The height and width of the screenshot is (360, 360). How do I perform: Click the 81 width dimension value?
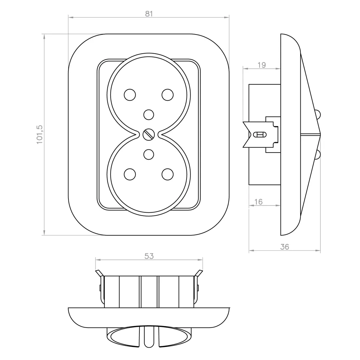tap(149, 14)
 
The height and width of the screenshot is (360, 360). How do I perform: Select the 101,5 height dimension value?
tap(40, 135)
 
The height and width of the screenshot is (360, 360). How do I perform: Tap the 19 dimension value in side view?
tap(261, 65)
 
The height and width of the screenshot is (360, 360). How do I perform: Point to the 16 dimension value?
tap(258, 202)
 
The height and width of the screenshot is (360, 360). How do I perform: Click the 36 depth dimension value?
tap(284, 247)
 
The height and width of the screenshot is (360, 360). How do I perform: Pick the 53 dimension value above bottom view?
tap(149, 256)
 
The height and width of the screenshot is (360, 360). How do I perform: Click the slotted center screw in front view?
tap(149, 135)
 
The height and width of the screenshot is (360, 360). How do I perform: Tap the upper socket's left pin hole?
tap(130, 95)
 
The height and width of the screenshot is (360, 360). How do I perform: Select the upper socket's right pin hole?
tap(168, 95)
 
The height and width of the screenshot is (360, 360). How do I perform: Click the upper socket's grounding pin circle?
tap(149, 115)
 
